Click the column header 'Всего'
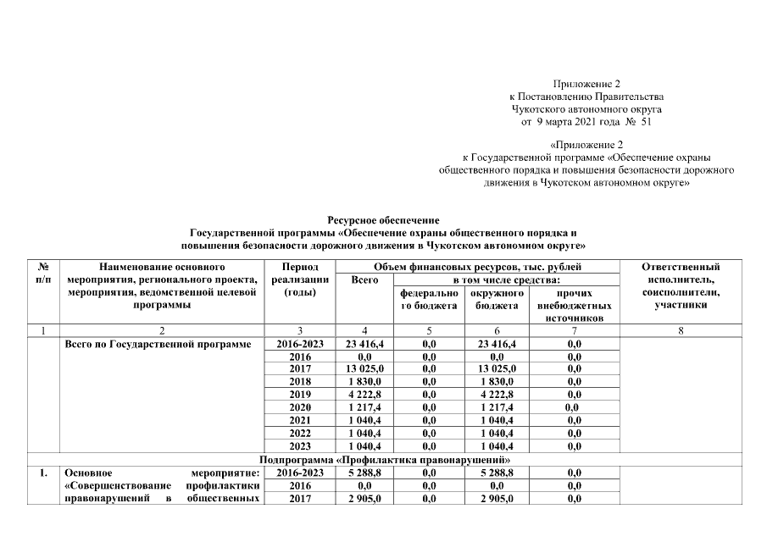point(364,279)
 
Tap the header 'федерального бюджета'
point(429,299)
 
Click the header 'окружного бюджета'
point(497,299)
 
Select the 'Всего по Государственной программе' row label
point(158,345)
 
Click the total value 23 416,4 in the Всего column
point(364,345)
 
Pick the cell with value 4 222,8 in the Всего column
point(364,395)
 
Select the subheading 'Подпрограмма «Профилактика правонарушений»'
point(384,459)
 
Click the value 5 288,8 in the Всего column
point(364,473)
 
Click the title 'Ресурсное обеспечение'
point(384,220)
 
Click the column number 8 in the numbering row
point(681,331)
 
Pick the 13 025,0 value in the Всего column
point(364,369)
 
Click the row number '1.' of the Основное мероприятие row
point(42,473)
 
